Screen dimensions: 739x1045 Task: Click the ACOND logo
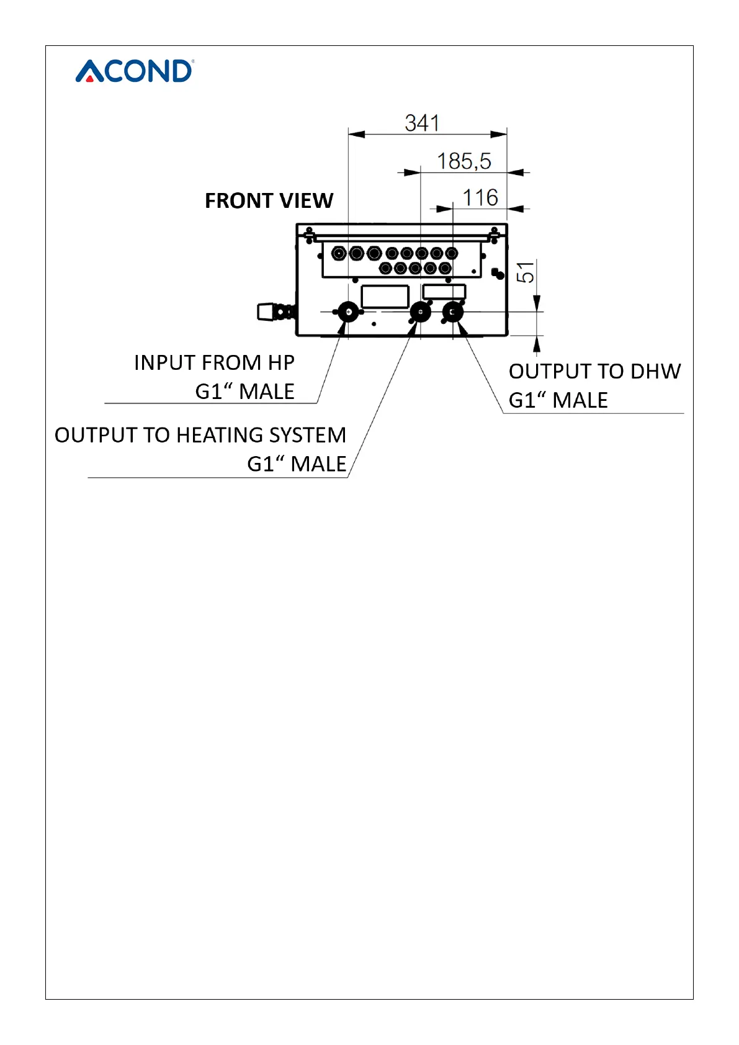(134, 71)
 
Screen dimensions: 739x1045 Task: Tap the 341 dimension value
(422, 123)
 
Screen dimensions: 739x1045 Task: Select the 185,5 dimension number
(464, 161)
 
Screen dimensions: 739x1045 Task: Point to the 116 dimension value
(480, 198)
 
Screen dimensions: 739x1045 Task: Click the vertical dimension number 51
(526, 272)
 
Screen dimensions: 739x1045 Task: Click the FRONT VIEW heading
(269, 201)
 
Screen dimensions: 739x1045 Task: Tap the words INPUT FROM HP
(214, 362)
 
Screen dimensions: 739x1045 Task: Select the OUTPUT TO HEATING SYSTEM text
(200, 435)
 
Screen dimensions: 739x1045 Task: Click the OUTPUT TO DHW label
(594, 371)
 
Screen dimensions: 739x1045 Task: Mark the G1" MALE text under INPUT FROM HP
(244, 392)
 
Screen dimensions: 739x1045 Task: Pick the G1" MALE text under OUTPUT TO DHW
(558, 400)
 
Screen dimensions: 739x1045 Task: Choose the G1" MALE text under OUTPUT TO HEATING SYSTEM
(297, 464)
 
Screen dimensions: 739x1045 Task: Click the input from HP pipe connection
(348, 312)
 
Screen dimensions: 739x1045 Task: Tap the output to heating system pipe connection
(421, 312)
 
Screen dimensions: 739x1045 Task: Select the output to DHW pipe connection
(452, 312)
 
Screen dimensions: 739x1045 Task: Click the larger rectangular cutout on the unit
(385, 297)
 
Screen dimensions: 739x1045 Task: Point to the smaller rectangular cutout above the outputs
(444, 292)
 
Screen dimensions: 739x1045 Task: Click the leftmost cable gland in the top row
(339, 253)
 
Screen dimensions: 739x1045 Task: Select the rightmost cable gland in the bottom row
(445, 268)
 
